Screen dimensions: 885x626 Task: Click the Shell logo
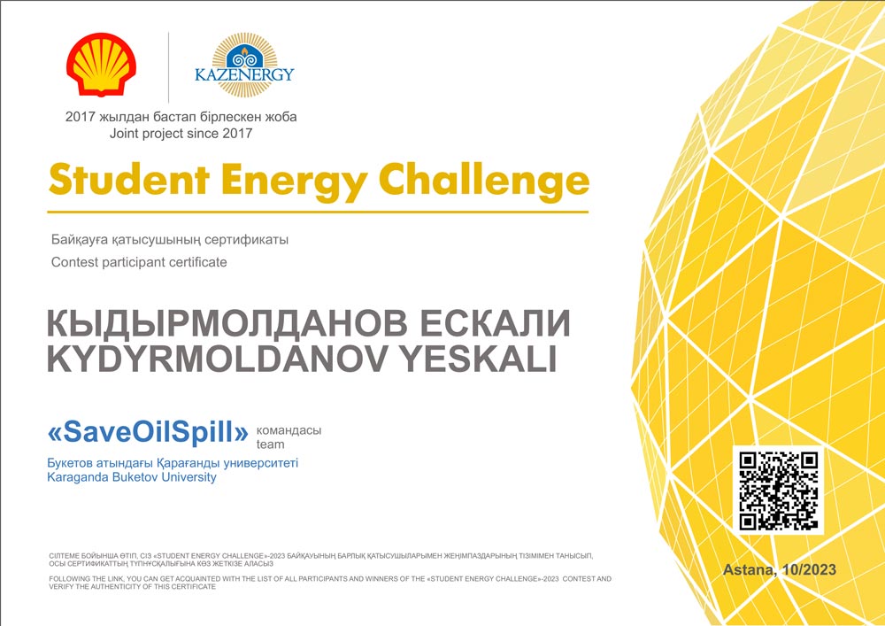pyautogui.click(x=101, y=64)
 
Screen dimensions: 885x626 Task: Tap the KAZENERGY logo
pyautogui.click(x=244, y=65)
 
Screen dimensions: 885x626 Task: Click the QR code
pyautogui.click(x=778, y=491)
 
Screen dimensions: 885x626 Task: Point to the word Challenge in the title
pyautogui.click(x=484, y=182)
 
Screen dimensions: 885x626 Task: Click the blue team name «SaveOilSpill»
pyautogui.click(x=148, y=432)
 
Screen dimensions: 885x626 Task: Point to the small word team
pyautogui.click(x=270, y=444)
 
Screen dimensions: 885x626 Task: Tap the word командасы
pyautogui.click(x=289, y=430)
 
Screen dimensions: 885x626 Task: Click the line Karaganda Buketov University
pyautogui.click(x=132, y=477)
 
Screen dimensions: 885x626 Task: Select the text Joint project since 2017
pyautogui.click(x=181, y=134)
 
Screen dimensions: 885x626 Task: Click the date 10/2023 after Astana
pyautogui.click(x=807, y=569)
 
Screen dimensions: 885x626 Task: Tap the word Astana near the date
pyautogui.click(x=749, y=570)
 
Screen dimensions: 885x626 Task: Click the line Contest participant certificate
pyautogui.click(x=139, y=262)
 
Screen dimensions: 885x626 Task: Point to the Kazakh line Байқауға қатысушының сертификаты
pyautogui.click(x=170, y=240)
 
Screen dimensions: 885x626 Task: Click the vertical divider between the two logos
pyautogui.click(x=169, y=68)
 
